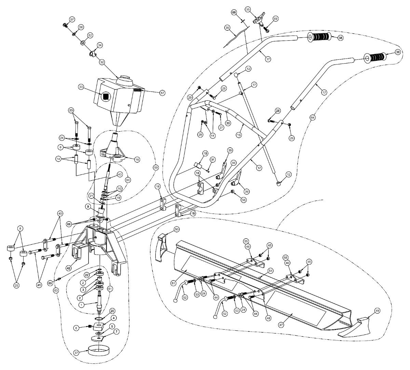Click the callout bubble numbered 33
pos(81,87)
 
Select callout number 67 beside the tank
pos(162,93)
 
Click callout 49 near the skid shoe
pos(377,311)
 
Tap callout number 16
pos(137,159)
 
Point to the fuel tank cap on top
pos(125,82)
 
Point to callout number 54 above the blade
pos(270,270)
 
